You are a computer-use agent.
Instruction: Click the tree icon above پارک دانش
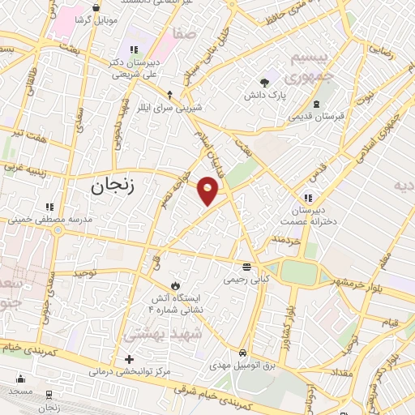264,82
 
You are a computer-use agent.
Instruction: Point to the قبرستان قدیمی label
316,116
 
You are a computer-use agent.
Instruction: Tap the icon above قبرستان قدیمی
316,104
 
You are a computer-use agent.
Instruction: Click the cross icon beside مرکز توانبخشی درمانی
128,358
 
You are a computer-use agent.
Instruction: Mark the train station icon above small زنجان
50,394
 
